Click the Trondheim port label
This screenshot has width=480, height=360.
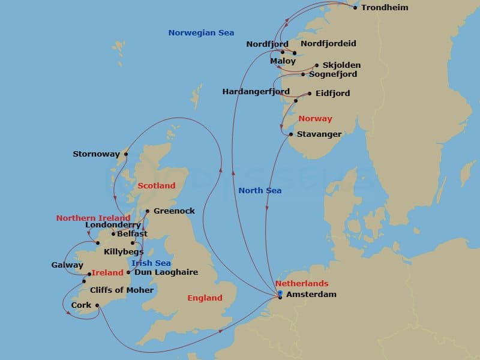click(x=385, y=8)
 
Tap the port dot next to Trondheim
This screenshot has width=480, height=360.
click(x=355, y=8)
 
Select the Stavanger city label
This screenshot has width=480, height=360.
click(x=319, y=134)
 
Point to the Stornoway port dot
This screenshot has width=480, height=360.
click(x=126, y=154)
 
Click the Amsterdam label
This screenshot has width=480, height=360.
click(x=312, y=295)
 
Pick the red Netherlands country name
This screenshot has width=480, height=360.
click(x=302, y=283)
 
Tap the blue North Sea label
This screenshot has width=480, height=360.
click(x=260, y=191)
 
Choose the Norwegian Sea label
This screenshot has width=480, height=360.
click(x=201, y=33)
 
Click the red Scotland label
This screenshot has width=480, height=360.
click(x=156, y=186)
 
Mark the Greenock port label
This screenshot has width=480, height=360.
click(x=174, y=211)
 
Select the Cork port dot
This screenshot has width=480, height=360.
click(x=97, y=305)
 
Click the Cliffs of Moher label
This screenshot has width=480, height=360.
click(x=122, y=290)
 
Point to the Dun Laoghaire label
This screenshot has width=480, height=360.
click(x=166, y=272)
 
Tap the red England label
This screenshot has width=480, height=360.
click(x=205, y=298)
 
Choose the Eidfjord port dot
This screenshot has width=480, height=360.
click(x=310, y=94)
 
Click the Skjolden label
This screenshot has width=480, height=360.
click(x=341, y=65)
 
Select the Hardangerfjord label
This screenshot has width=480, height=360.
click(x=256, y=92)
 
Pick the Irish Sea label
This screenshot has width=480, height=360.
click(x=151, y=263)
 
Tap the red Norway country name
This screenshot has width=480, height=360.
click(x=315, y=119)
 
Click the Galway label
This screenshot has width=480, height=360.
click(x=67, y=265)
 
